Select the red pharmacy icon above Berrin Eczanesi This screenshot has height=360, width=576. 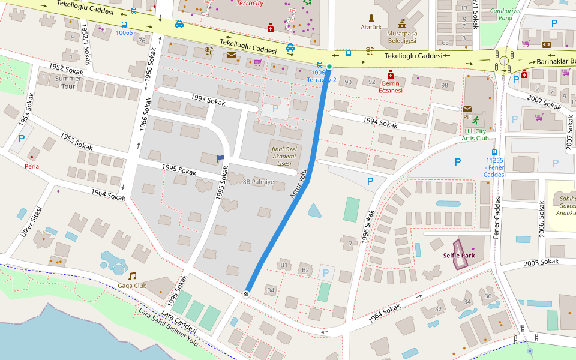(390, 74)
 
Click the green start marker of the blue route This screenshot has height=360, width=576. (329, 66)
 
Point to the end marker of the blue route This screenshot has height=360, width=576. (246, 293)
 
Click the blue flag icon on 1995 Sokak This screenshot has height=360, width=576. (221, 158)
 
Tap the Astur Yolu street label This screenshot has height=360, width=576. (298, 184)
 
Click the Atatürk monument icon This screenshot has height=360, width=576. (371, 18)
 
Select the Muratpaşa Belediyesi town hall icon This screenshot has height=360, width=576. (402, 23)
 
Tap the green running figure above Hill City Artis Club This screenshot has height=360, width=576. (476, 119)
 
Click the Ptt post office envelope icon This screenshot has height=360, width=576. (467, 108)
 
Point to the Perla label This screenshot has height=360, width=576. (32, 166)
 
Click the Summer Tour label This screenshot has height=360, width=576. (68, 82)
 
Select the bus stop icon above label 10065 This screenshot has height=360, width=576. (124, 25)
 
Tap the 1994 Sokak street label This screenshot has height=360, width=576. (380, 123)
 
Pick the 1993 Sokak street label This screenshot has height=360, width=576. (208, 100)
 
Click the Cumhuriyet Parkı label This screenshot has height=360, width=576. (505, 14)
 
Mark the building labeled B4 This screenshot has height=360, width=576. (271, 290)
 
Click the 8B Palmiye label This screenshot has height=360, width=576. (258, 181)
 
